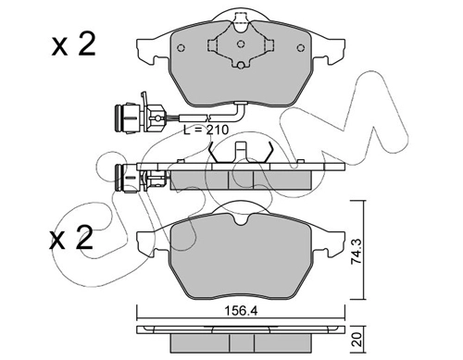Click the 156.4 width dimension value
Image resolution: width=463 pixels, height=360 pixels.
click(241, 311)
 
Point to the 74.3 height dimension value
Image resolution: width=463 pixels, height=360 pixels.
click(356, 251)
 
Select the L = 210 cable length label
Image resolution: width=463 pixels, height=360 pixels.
click(206, 130)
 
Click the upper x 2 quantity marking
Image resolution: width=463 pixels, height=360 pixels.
click(74, 45)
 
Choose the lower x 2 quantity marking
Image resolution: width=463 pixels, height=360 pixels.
click(71, 238)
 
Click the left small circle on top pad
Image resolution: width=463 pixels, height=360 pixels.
click(181, 48)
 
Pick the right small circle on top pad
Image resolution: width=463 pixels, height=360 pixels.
click(300, 48)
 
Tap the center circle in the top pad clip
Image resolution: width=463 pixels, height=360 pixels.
click(241, 44)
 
